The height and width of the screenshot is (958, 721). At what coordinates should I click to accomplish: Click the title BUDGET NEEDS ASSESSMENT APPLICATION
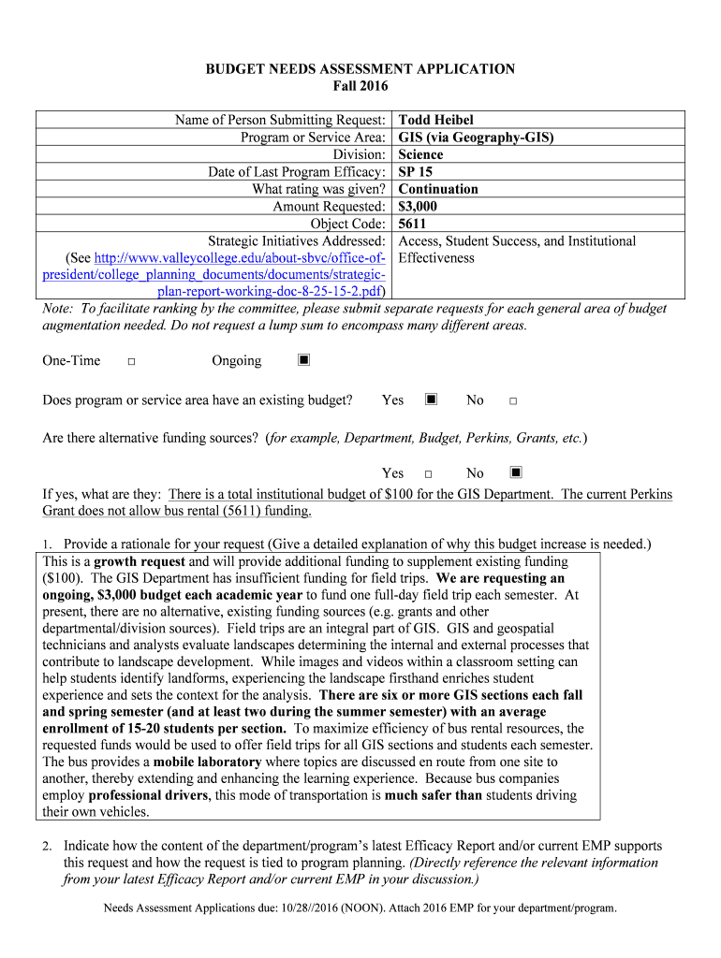click(x=360, y=69)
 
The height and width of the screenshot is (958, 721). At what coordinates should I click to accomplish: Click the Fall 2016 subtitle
click(x=360, y=86)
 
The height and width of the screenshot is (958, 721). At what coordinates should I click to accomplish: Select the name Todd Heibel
click(x=436, y=120)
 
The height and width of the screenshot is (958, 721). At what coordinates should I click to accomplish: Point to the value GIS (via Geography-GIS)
click(x=476, y=138)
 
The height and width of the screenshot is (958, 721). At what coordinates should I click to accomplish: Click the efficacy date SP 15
click(x=416, y=172)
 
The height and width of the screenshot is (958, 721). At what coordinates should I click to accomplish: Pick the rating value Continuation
click(x=438, y=189)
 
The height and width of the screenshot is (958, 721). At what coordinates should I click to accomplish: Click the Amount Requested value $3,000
click(x=418, y=206)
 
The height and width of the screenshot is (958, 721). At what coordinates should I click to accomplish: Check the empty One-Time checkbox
click(x=132, y=362)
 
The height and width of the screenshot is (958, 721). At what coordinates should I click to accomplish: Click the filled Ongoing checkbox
click(x=303, y=360)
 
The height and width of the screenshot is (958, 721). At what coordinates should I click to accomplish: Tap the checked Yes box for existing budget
click(x=430, y=399)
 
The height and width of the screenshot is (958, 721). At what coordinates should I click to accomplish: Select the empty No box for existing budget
click(x=513, y=401)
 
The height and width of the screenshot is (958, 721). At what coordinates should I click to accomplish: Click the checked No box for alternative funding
click(x=515, y=472)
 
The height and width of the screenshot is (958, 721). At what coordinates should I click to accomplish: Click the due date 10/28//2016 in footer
click(x=297, y=908)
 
